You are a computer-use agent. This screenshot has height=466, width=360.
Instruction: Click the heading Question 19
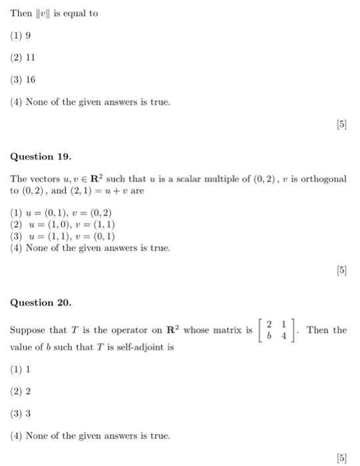pos(41,156)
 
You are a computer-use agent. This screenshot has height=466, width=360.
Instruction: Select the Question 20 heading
pos(41,302)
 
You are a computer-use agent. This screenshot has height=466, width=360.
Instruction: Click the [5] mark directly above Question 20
pos(341,271)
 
